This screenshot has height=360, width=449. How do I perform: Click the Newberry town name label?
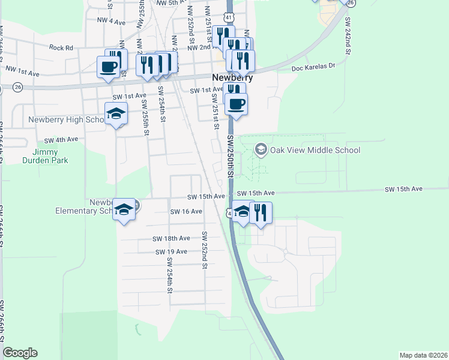[232, 78]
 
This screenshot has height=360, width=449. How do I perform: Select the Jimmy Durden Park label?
[45, 155]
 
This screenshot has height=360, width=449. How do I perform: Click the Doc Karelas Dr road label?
[313, 69]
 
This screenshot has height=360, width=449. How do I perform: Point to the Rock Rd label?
[61, 47]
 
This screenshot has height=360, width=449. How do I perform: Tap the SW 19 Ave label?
[172, 252]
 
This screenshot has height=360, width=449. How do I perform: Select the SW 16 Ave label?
[186, 212]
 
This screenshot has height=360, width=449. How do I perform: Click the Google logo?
[20, 353]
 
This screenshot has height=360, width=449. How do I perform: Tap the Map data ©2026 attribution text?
[423, 355]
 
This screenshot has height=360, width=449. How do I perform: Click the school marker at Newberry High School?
[116, 113]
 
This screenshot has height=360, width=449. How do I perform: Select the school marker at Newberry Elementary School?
[124, 209]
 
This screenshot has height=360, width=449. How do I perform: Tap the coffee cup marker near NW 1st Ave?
[108, 67]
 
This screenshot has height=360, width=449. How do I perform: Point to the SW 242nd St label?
[348, 36]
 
